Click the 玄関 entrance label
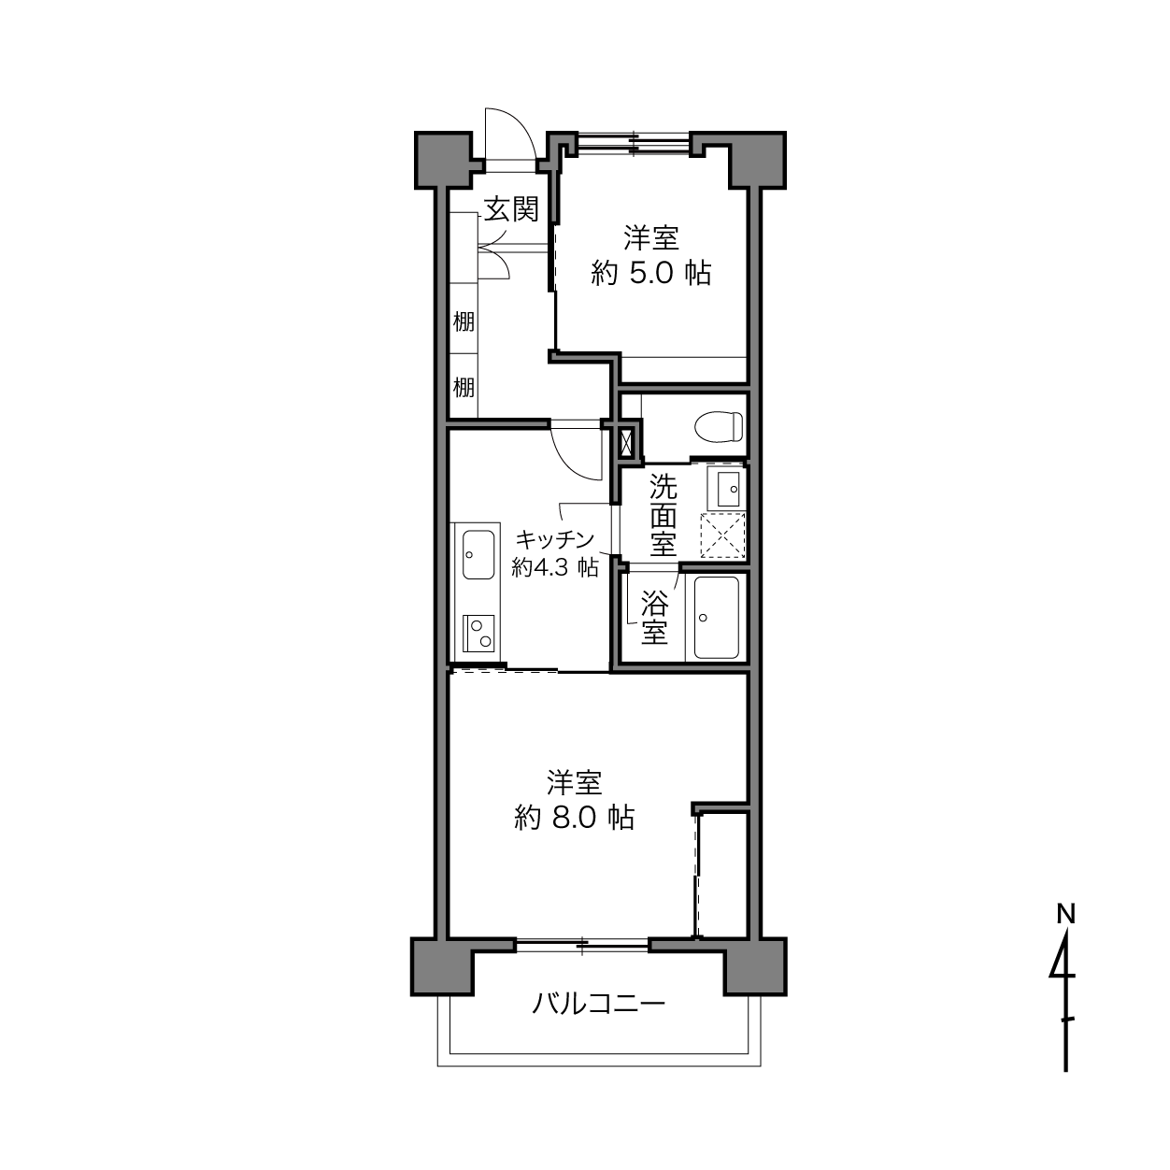pos(511,210)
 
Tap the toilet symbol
pos(719,427)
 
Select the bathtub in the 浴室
pos(716,618)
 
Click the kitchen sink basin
pos(478,554)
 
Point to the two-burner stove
pos(478,634)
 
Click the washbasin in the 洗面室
pos(725,488)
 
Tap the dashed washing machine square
pos(722,535)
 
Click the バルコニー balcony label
pos(598,1004)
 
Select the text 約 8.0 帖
pos(575,819)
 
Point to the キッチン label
pos(554,538)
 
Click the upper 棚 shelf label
pos(464,321)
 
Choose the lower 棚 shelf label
pos(464,387)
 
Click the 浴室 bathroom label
pos(654,618)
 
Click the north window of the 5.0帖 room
pos(634,144)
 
